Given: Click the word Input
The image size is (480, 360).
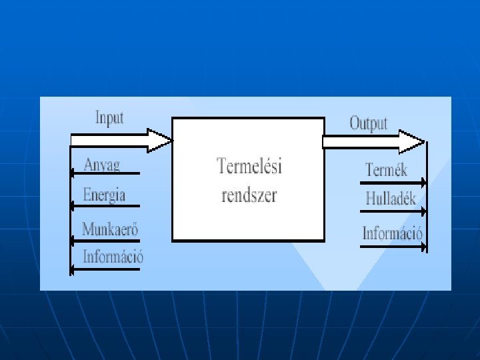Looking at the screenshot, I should tap(109, 118).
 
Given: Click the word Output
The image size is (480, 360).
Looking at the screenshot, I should tap(368, 123).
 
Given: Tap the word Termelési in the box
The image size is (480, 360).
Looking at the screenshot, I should tap(249, 166).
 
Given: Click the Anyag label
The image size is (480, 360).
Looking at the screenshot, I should tap(102, 164).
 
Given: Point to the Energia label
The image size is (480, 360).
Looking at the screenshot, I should tap(104, 195).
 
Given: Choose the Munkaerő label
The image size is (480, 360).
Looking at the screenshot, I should tap(110, 229).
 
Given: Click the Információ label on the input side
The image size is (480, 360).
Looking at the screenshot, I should tap(113, 256).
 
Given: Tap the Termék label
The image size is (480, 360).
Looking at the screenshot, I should tap(386, 170).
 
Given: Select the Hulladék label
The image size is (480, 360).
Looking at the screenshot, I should tap(391, 199).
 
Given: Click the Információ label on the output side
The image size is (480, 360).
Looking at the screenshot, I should tap(393, 233).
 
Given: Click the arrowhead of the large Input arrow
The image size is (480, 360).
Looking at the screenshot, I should tap(161, 141).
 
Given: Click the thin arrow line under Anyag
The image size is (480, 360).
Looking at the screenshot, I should tap(107, 173).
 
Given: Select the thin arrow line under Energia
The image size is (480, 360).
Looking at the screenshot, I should tap(107, 205).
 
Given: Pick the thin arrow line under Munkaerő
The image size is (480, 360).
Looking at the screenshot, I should tap(107, 238).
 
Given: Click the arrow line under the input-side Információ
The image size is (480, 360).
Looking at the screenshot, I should tap(107, 269).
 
